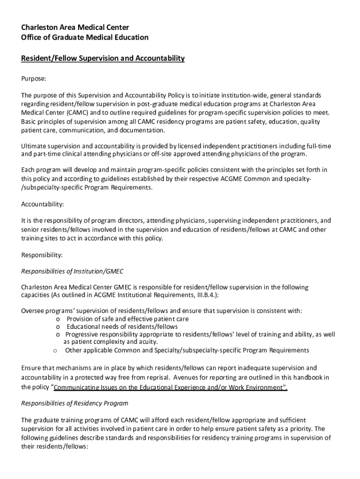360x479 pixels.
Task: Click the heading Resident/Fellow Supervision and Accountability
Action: click(x=103, y=58)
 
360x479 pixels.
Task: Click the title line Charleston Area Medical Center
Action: click(x=75, y=28)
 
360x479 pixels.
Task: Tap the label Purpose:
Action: click(x=34, y=79)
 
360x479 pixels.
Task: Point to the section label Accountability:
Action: click(x=43, y=204)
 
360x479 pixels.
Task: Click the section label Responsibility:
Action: click(x=42, y=255)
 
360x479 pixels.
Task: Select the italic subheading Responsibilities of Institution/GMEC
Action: click(x=72, y=271)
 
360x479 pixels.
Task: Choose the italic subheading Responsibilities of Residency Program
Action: click(x=75, y=403)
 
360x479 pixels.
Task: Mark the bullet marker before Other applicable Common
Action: click(x=55, y=350)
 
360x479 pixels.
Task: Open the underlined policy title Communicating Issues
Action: click(x=171, y=388)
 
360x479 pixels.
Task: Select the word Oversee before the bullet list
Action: click(x=33, y=311)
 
